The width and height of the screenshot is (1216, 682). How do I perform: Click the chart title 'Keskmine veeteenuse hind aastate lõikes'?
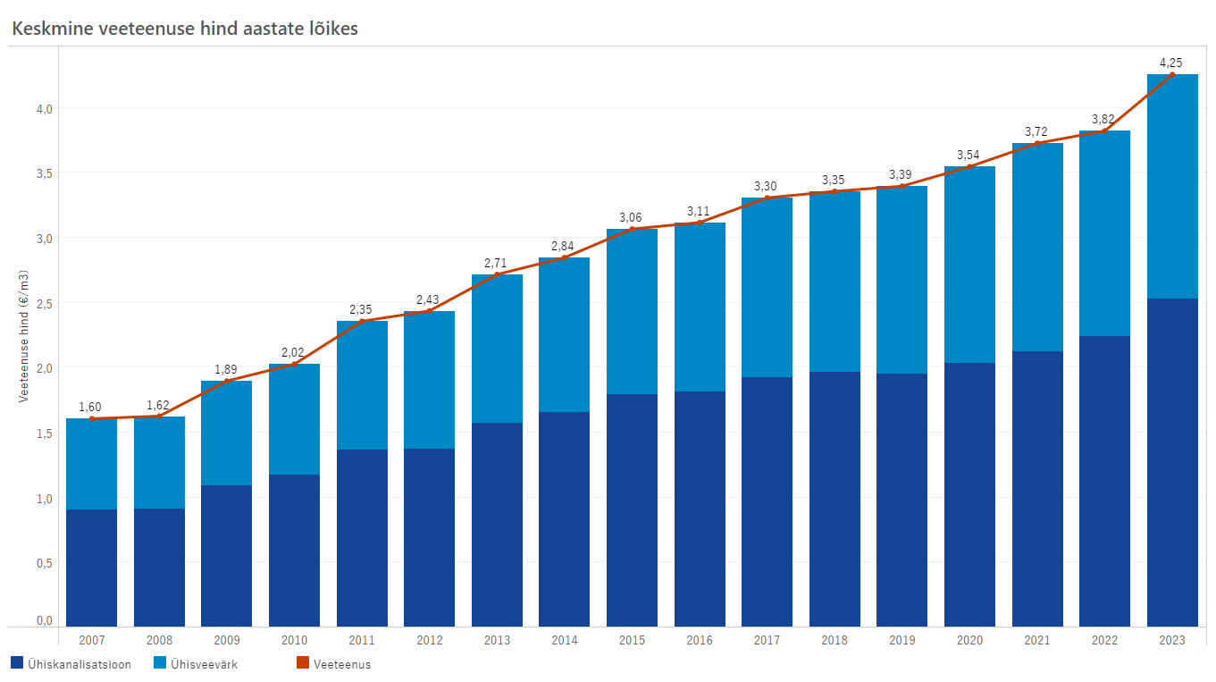185,29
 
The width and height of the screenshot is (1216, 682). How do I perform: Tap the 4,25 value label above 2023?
1171,63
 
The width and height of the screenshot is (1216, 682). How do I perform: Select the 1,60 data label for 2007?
90,407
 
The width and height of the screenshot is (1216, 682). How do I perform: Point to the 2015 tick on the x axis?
632,640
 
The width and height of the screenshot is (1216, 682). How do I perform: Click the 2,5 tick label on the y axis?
45,304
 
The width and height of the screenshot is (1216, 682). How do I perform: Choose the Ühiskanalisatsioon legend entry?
71,663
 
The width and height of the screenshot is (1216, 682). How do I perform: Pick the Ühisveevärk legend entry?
196,663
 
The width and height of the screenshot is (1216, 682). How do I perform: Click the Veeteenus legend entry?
334,663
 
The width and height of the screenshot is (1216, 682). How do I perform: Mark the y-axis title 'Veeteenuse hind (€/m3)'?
23,336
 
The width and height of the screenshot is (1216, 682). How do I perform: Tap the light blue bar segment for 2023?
1172,186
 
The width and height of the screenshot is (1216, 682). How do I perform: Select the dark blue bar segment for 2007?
92,568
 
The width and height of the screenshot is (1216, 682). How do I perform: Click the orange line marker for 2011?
362,322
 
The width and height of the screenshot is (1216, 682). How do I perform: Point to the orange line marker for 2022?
1104,131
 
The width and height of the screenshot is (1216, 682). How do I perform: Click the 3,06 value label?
630,218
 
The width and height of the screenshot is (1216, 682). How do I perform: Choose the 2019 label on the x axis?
902,640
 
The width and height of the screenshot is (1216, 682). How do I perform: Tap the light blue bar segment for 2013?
498,349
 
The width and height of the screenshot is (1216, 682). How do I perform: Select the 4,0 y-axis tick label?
45,109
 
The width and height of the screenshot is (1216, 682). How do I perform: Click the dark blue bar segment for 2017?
767,501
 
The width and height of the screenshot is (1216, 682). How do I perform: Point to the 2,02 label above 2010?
292,352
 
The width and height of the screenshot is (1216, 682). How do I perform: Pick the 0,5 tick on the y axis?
45,563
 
